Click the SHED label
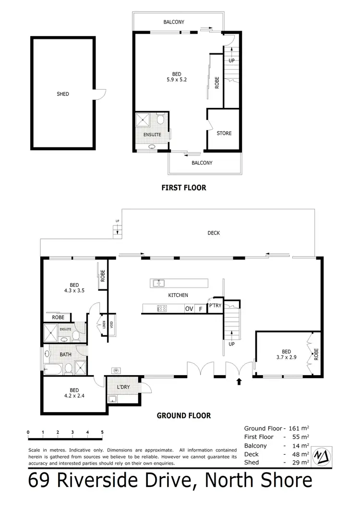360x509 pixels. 63,94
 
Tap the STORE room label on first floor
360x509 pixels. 224,133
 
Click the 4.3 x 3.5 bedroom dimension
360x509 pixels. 73,290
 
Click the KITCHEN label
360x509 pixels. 178,295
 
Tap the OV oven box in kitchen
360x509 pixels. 189,309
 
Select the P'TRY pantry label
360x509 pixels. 214,306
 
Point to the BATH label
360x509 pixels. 66,355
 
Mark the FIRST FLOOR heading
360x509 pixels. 184,188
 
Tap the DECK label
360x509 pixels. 214,233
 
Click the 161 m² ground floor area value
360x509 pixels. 300,428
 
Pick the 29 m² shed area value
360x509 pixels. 300,462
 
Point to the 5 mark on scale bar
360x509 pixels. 102,432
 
